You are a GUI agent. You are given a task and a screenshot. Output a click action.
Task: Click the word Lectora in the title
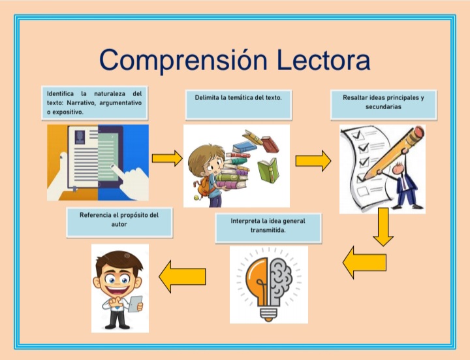pos(322,60)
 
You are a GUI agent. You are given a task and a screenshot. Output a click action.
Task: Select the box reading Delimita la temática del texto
pos(238,105)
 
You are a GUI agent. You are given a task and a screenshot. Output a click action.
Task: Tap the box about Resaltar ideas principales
pos(383,105)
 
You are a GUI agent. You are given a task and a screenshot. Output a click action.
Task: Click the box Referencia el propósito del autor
pos(119,222)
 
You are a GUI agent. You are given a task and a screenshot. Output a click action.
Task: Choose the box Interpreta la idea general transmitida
pos(268,226)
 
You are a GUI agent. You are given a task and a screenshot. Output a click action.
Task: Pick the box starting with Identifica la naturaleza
pos(94,103)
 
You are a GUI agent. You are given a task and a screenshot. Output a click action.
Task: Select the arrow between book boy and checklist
pos(313,161)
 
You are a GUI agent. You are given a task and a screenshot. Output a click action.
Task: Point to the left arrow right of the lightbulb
pos(364,263)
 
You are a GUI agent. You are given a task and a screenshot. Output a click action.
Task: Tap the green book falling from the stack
pos(268,171)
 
